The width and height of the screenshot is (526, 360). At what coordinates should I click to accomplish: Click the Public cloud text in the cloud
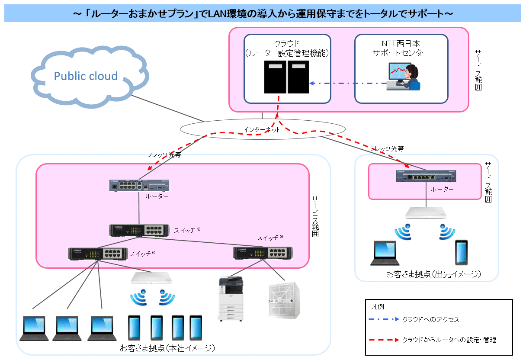pyautogui.click(x=86, y=76)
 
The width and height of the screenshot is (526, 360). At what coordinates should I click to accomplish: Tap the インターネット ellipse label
pyautogui.click(x=262, y=129)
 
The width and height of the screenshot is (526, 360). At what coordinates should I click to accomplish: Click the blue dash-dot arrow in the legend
pyautogui.click(x=383, y=320)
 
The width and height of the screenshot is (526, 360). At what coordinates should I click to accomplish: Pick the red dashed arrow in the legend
pyautogui.click(x=383, y=340)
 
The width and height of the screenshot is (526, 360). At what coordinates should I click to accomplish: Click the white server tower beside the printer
pyautogui.click(x=283, y=300)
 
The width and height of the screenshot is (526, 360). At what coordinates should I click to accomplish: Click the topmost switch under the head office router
pyautogui.click(x=139, y=231)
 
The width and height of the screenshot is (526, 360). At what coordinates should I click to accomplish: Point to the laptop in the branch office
pyautogui.click(x=385, y=253)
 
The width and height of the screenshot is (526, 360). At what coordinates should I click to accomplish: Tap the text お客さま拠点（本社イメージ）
pyautogui.click(x=167, y=348)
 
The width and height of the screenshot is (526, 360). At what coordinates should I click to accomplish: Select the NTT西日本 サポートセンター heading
pyautogui.click(x=401, y=48)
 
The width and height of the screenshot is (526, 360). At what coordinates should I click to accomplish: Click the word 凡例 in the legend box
pyautogui.click(x=378, y=306)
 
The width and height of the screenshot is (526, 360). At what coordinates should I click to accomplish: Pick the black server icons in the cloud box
pyautogui.click(x=287, y=77)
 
